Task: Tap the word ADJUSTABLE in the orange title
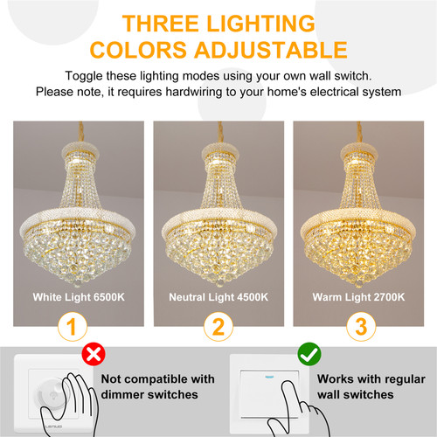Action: click(x=271, y=50)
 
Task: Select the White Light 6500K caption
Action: click(x=79, y=297)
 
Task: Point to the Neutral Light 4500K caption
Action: click(x=218, y=297)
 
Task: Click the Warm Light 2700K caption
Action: click(x=358, y=297)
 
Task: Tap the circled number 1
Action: click(x=73, y=327)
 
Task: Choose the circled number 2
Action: click(x=218, y=327)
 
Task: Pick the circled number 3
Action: click(x=361, y=327)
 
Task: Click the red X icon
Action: click(x=94, y=354)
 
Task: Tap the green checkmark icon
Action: click(x=309, y=354)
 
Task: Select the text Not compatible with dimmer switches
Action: click(x=157, y=387)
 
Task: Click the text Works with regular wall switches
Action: click(x=371, y=387)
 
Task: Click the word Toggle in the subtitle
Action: click(x=84, y=76)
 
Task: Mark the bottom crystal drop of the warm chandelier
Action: click(x=358, y=283)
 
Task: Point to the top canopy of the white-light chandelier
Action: click(x=80, y=150)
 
